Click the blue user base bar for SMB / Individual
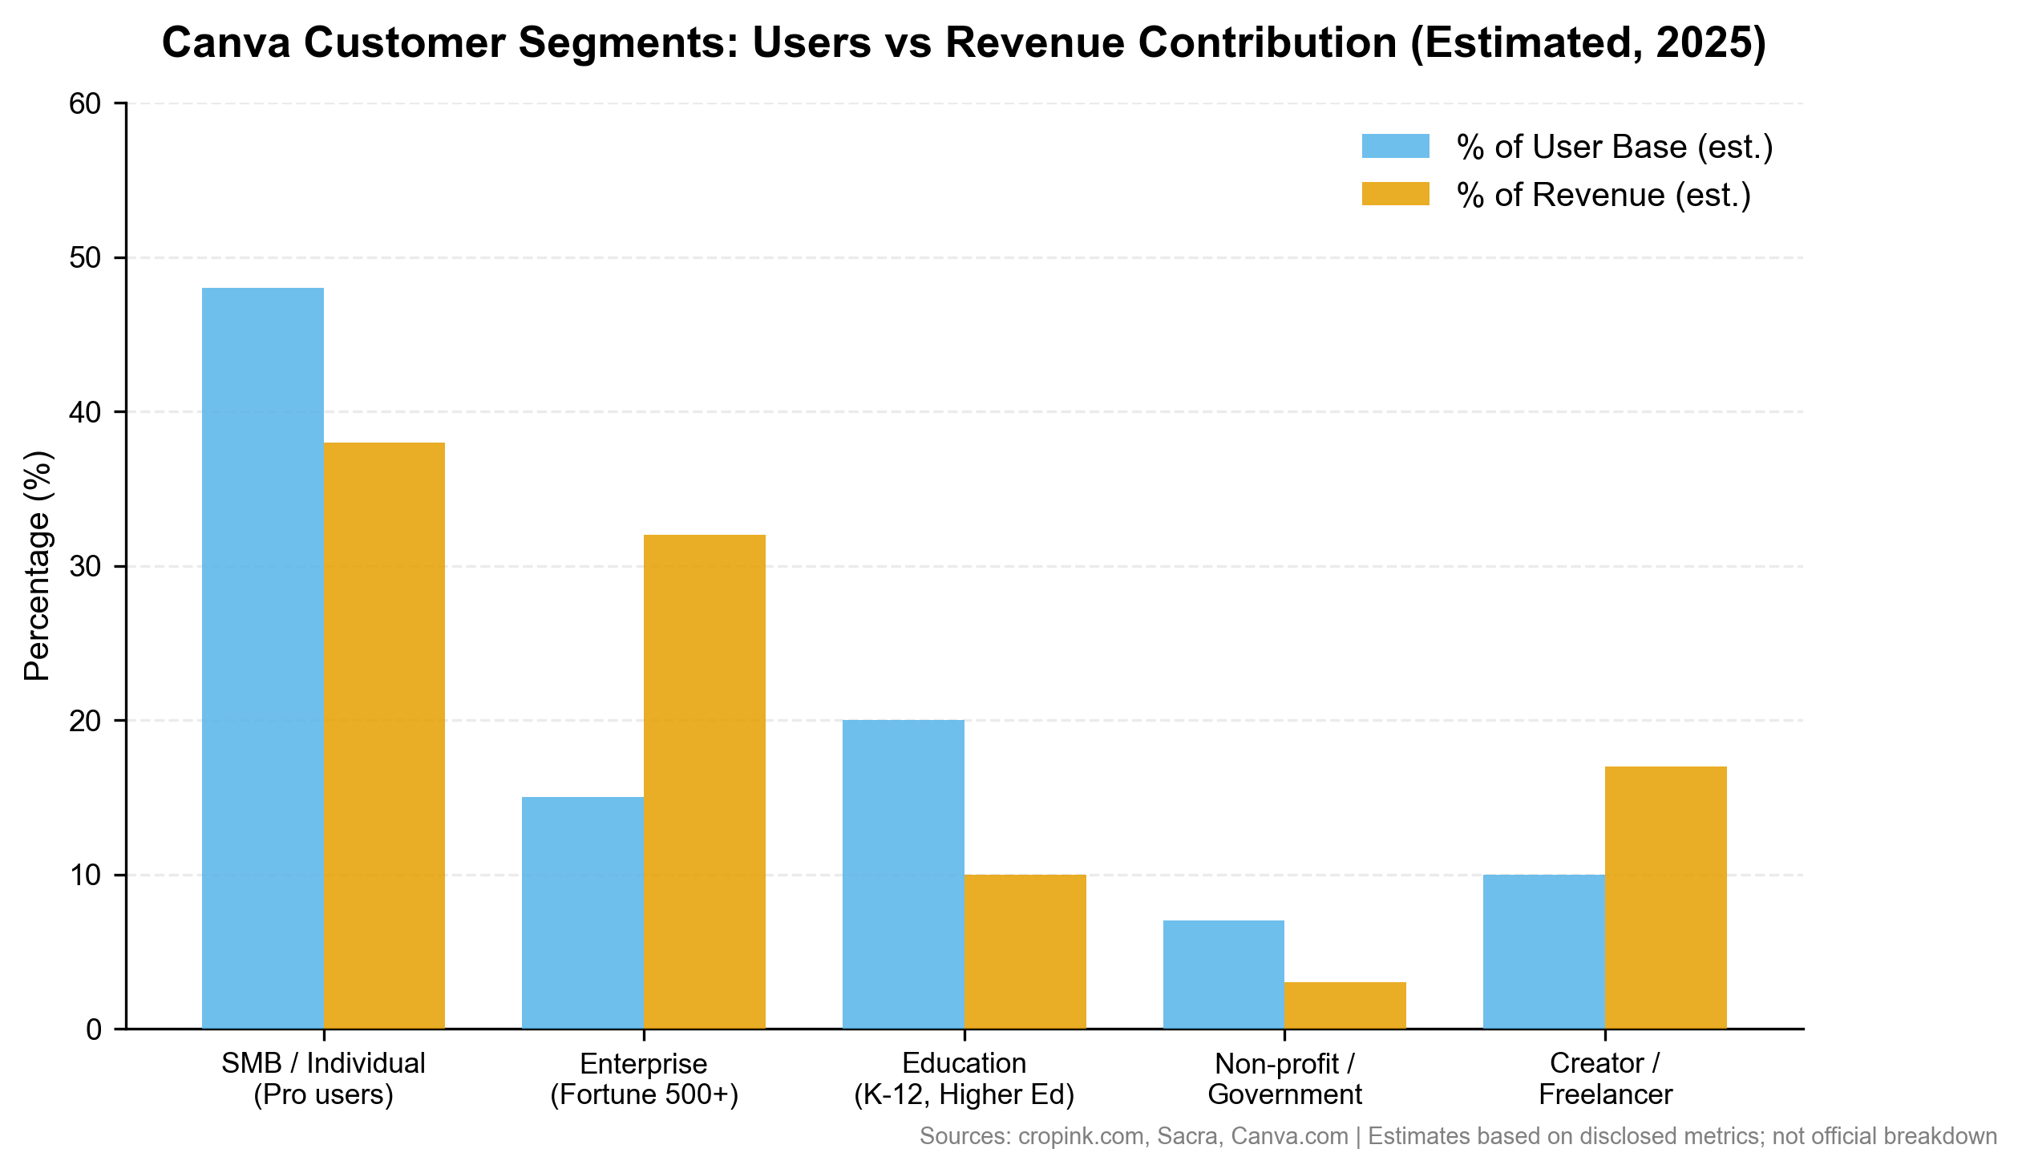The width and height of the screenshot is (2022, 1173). [262, 658]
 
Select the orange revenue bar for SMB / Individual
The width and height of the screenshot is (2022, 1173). [383, 735]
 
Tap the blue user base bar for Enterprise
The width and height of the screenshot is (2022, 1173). [583, 912]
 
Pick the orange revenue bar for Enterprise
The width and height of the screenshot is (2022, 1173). [705, 782]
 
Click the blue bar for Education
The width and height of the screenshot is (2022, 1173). [903, 874]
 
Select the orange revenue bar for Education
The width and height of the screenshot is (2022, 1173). [1025, 951]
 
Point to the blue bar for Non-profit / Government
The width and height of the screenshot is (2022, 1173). [1223, 974]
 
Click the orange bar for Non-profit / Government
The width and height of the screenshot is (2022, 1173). [1345, 1005]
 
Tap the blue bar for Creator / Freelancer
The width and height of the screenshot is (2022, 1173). [1544, 951]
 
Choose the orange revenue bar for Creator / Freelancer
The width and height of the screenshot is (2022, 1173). [1666, 897]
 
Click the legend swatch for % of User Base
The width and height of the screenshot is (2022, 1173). [1395, 146]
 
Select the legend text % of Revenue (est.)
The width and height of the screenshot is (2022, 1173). [1603, 195]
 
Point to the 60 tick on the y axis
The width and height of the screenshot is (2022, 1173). [84, 103]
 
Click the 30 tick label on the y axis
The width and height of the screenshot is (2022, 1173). [84, 566]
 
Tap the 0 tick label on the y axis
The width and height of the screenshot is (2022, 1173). [93, 1029]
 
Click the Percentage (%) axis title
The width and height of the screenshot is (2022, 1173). [37, 566]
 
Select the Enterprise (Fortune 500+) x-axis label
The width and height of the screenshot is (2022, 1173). [644, 1079]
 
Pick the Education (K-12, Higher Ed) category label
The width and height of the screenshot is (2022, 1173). [964, 1079]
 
